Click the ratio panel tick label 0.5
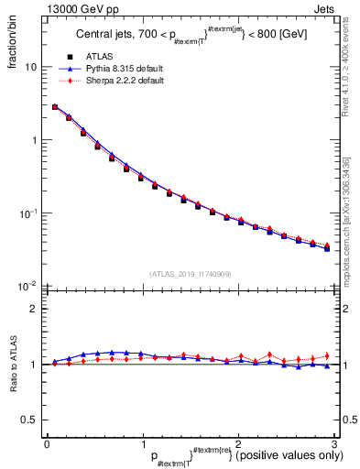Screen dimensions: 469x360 [x=29, y=420]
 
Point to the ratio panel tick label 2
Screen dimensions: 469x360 [x=34, y=309]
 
